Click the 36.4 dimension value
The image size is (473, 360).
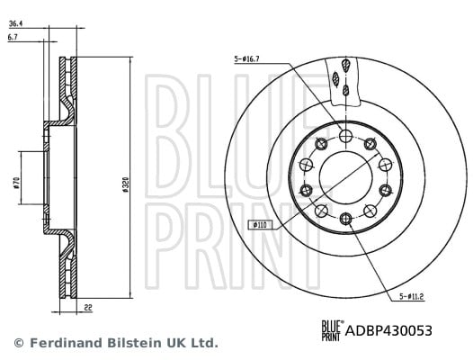[15, 23]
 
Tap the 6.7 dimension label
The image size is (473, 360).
[13, 37]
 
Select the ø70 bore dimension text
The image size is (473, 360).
[16, 183]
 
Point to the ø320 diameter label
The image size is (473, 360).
[126, 184]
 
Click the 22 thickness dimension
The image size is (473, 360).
[88, 308]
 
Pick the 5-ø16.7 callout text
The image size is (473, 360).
[246, 59]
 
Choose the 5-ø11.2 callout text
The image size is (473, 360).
[412, 297]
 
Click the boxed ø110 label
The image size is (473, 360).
[260, 225]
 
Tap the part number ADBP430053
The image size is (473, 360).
[388, 330]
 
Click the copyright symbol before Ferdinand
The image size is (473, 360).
[19, 343]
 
